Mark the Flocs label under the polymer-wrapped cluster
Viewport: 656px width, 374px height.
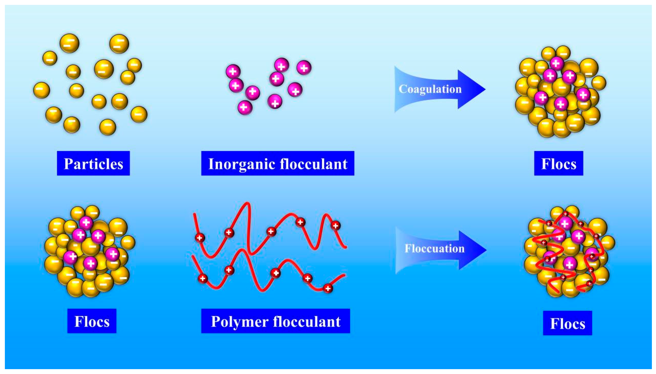[567, 323]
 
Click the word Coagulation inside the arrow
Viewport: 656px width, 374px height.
[430, 89]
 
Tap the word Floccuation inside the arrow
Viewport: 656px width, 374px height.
[434, 248]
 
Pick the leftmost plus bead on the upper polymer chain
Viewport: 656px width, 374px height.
[200, 238]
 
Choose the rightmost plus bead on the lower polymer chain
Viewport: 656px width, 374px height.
[328, 288]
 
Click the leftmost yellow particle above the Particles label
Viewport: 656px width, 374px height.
[42, 90]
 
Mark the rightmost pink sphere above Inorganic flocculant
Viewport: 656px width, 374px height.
[304, 68]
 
